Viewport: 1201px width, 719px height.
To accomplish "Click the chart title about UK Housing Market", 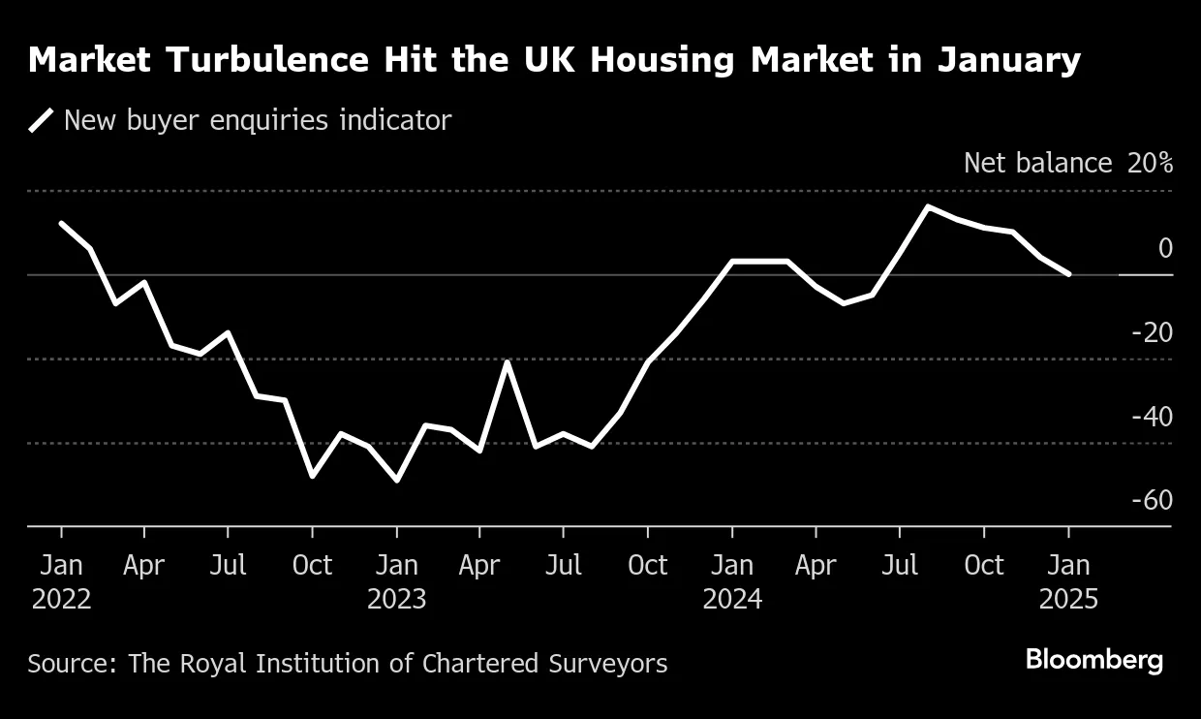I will (x=554, y=60).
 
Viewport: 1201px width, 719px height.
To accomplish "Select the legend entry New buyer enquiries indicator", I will (x=257, y=120).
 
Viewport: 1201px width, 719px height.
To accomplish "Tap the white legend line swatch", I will (x=42, y=120).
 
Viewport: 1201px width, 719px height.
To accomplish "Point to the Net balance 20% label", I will (x=1067, y=163).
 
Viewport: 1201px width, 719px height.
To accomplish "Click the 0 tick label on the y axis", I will (x=1164, y=249).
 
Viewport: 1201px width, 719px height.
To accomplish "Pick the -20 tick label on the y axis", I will (x=1151, y=333).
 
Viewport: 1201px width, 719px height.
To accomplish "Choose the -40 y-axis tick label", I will (x=1151, y=417).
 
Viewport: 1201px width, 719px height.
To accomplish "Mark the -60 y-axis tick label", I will (x=1151, y=500).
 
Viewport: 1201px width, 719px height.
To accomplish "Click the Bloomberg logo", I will (x=1093, y=661).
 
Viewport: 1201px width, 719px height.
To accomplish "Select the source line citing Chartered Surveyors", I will (x=348, y=664).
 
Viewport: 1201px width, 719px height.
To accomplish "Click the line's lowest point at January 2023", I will (x=396, y=480).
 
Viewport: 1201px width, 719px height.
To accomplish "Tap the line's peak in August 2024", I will (x=928, y=206).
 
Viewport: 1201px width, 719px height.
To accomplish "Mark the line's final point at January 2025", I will (x=1068, y=274).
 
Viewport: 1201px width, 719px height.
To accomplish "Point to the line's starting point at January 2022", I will (x=61, y=224).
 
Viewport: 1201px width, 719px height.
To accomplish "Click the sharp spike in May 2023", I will (x=508, y=362).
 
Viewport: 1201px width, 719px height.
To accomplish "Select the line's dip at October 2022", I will (x=312, y=476).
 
